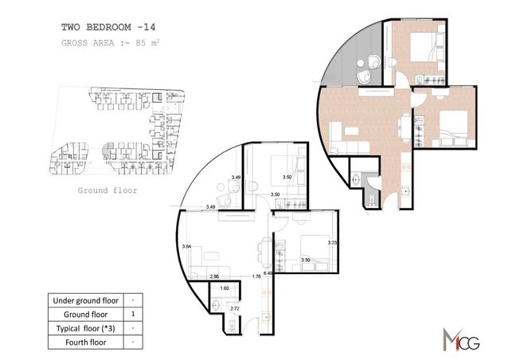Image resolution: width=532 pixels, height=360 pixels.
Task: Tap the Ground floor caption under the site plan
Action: pyautogui.click(x=108, y=191)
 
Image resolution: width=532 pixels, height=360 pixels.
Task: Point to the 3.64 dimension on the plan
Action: pyautogui.click(x=187, y=246)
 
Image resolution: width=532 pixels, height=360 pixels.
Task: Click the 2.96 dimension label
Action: pyautogui.click(x=214, y=276)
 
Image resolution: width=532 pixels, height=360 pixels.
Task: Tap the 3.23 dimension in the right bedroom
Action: pyautogui.click(x=333, y=241)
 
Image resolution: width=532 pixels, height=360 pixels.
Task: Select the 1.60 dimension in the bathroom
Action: pyautogui.click(x=225, y=288)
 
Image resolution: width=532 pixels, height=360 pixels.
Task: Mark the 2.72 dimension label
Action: pyautogui.click(x=233, y=307)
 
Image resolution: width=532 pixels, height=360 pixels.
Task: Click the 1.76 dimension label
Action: pyautogui.click(x=256, y=276)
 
